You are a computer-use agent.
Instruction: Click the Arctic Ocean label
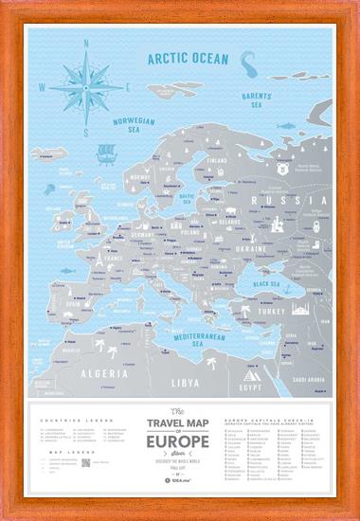pyautogui.click(x=188, y=59)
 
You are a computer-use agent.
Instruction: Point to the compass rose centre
pyautogui.click(x=85, y=86)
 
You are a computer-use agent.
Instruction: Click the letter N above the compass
pyautogui.click(x=85, y=43)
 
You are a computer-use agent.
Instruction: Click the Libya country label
pyautogui.click(x=186, y=382)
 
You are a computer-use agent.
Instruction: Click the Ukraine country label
pyautogui.click(x=251, y=248)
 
